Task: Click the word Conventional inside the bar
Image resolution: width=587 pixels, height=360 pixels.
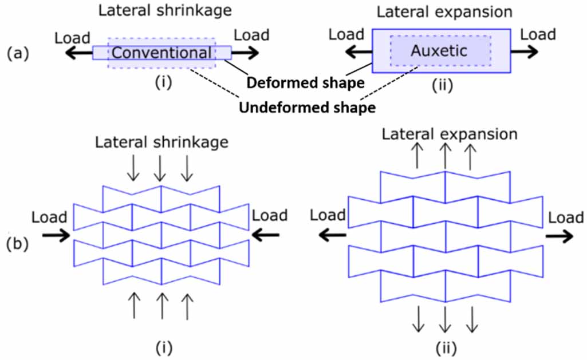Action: [x=161, y=53]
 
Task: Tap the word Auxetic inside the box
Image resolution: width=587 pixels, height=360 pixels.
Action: [x=439, y=51]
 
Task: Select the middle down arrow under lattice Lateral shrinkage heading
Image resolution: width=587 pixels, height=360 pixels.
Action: [x=160, y=167]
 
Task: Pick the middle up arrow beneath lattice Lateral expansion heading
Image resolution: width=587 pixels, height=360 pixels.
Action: [x=444, y=156]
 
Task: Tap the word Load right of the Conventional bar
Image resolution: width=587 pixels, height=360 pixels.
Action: [x=252, y=35]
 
